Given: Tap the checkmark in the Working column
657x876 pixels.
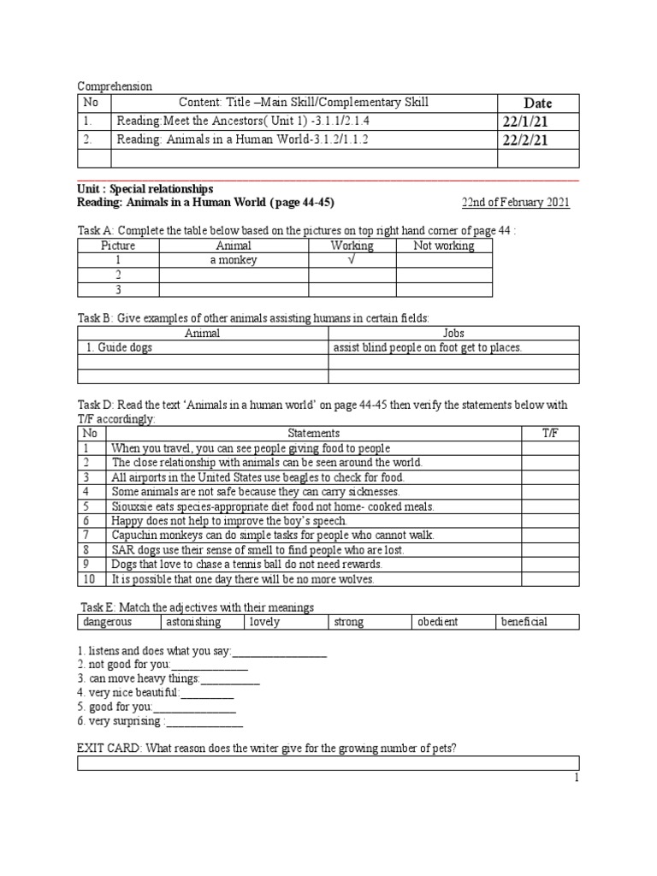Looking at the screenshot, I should coord(352,260).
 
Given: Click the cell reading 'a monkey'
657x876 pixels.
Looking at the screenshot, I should coord(234,260).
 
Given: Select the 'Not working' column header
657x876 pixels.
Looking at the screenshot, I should coord(443,246).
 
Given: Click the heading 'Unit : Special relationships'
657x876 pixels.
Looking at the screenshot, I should coord(145,188).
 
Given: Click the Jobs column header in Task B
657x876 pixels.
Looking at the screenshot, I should coord(453,333).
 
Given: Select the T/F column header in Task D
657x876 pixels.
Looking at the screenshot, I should coord(550,434).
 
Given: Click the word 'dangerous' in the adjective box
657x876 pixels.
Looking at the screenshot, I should coord(109,622).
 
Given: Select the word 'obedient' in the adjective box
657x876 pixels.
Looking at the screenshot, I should coord(437,622).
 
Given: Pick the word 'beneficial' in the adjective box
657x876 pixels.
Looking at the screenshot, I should coord(524,622).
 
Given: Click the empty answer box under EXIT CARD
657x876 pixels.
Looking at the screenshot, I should coord(328,763).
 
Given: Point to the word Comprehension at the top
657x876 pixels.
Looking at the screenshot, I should coord(115,86).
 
